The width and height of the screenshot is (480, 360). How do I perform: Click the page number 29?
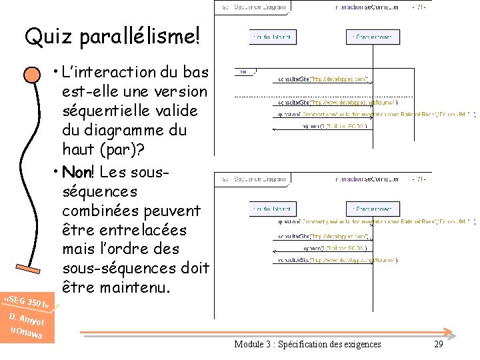pos(438,344)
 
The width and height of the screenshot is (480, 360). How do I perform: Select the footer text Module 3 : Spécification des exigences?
pos(307,344)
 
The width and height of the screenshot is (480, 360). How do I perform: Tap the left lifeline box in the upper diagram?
pos(271,37)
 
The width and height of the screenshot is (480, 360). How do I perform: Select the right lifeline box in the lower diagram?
pos(373,208)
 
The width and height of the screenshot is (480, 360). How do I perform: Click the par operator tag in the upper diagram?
pos(243,71)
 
